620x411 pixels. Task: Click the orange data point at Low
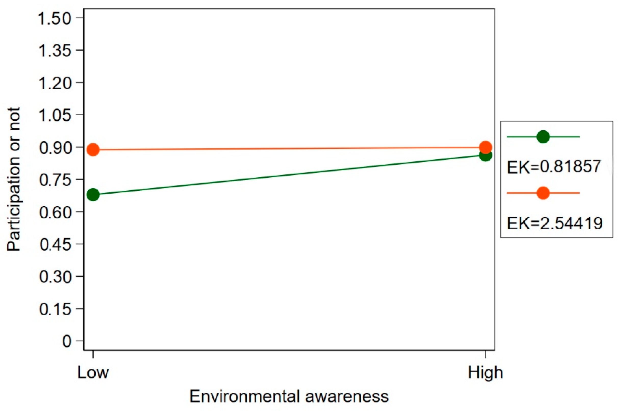(x=93, y=150)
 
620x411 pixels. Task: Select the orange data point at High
(x=485, y=147)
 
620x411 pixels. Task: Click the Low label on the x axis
(x=93, y=372)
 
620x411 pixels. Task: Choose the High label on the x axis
(x=485, y=372)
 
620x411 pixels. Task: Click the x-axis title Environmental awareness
(x=289, y=396)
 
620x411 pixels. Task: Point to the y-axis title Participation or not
(x=14, y=179)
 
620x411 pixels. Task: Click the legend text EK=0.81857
(x=553, y=167)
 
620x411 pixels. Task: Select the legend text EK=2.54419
(x=554, y=223)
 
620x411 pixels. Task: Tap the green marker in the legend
(x=543, y=137)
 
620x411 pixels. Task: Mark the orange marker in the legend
(x=543, y=193)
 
